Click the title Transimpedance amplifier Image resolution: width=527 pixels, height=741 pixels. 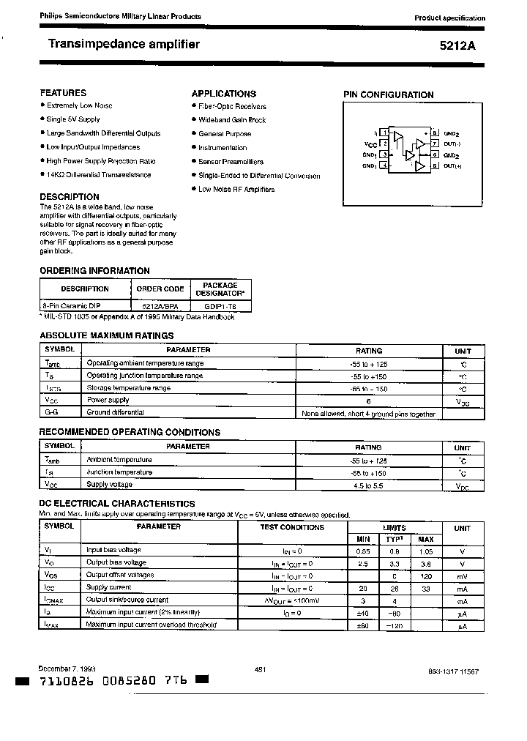(x=124, y=45)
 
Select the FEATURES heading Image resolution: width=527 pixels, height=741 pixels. (x=63, y=93)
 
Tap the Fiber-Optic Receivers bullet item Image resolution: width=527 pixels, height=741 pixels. (x=232, y=106)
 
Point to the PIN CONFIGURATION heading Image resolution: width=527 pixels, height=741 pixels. (x=388, y=94)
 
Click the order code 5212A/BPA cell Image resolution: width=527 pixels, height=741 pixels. (x=160, y=305)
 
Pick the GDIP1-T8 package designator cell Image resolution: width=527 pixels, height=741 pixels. (x=220, y=305)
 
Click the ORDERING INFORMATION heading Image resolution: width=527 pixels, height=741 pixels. (x=94, y=271)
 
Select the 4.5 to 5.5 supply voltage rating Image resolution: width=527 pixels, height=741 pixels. (x=368, y=485)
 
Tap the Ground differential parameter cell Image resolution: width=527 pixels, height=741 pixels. (x=114, y=412)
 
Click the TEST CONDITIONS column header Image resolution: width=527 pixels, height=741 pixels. (x=292, y=527)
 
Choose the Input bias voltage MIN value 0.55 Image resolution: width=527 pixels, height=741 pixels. (x=363, y=550)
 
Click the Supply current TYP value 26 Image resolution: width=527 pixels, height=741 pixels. (x=395, y=587)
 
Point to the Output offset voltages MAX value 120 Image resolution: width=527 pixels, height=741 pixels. (x=425, y=575)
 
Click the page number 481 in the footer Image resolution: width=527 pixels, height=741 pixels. (x=259, y=670)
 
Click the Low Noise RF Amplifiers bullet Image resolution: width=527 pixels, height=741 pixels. (x=236, y=189)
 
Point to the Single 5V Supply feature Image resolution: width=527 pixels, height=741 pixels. (x=73, y=119)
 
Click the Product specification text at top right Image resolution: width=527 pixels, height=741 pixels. (x=449, y=18)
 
